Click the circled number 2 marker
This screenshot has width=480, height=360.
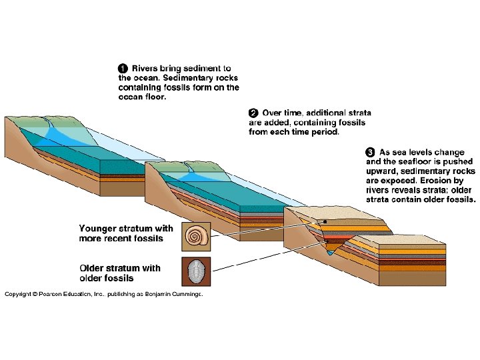(253, 113)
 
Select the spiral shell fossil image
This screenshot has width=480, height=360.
(195, 235)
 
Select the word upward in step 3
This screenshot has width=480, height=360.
(382, 171)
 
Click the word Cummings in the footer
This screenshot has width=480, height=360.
(185, 293)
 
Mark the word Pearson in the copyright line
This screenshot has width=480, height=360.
(53, 293)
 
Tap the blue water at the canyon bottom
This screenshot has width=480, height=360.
(331, 253)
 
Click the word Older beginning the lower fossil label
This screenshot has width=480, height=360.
(93, 269)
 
